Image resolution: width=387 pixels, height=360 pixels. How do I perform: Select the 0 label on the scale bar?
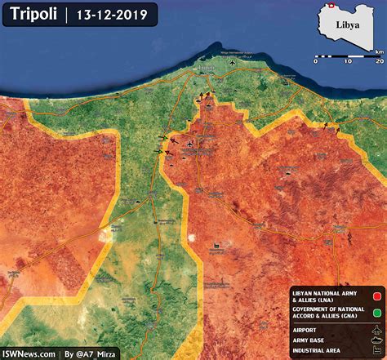coord(316,61)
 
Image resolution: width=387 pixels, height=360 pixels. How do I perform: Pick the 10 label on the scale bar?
coord(347,61)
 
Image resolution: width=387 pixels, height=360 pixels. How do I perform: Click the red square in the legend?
coord(378,296)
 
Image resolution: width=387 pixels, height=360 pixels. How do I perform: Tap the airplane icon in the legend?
coord(377,330)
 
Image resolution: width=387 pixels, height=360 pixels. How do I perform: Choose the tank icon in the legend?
coord(377,341)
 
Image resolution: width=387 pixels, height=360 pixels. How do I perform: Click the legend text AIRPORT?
coord(305,330)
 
